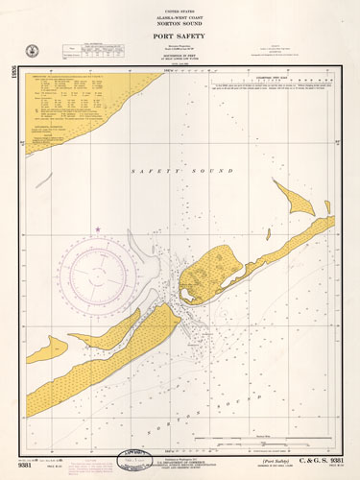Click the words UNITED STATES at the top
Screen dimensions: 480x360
180,7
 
